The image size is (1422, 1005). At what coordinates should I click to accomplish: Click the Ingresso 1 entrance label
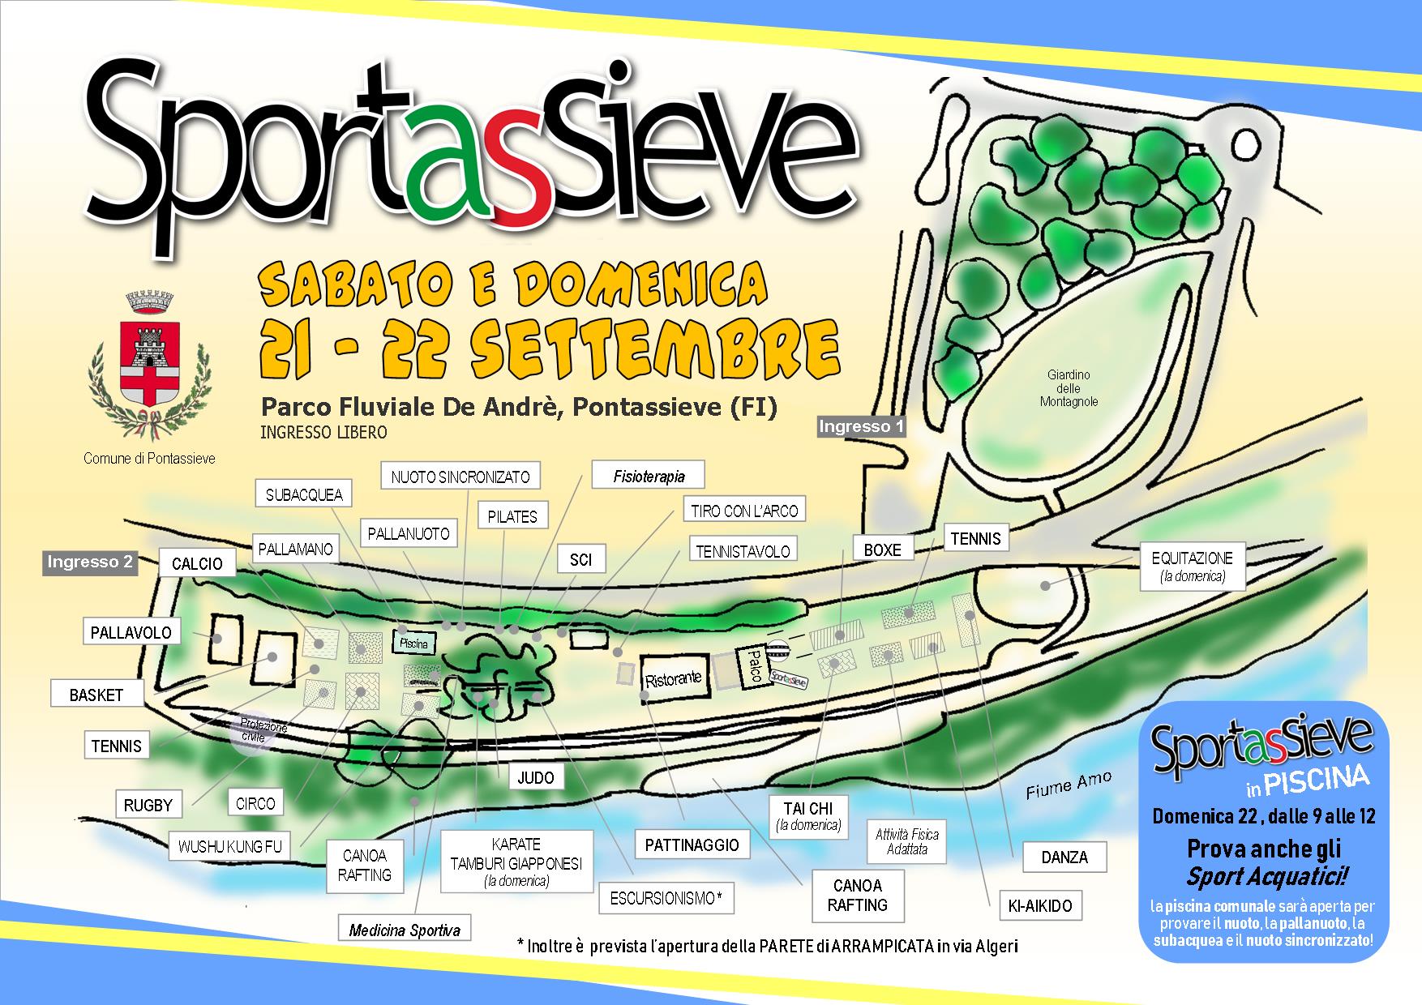(x=861, y=426)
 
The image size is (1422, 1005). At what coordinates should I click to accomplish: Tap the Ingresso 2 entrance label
(x=90, y=562)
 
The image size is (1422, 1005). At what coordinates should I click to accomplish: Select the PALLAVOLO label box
(x=131, y=632)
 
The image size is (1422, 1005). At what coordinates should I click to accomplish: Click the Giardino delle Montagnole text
(x=1069, y=388)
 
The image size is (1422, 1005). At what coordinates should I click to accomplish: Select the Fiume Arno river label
(x=1069, y=785)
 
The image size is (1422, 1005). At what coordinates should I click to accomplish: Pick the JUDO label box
(x=536, y=778)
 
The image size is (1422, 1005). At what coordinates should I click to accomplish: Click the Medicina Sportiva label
(x=405, y=930)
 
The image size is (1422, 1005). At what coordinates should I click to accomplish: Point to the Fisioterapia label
(x=649, y=477)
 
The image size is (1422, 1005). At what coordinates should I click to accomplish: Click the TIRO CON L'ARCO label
(x=744, y=511)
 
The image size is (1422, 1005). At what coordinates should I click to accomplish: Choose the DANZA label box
(x=1064, y=857)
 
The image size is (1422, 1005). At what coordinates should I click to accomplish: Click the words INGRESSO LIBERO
(x=323, y=433)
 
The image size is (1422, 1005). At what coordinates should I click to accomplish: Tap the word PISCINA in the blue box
(x=1317, y=779)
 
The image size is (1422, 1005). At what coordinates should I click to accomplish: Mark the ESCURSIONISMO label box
(x=665, y=898)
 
